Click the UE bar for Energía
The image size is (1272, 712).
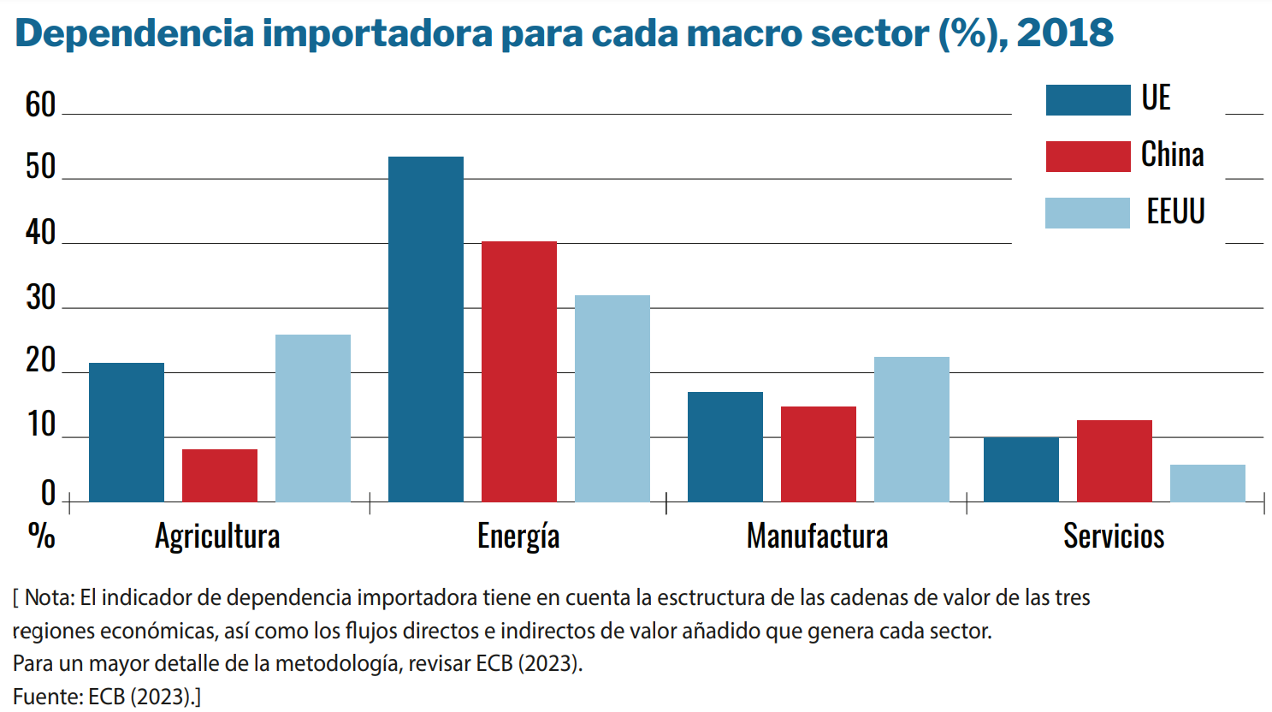425,329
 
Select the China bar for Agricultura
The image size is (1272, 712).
219,476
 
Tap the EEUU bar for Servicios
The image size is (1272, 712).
1207,484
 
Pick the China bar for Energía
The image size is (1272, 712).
518,371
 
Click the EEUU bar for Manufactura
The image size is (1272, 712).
911,430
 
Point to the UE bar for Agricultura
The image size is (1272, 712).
126,432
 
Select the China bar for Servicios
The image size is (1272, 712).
1114,461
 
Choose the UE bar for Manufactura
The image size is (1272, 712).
725,447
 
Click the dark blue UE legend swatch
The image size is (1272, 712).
1087,100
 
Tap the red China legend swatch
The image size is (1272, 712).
1087,157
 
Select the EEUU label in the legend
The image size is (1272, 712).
1175,211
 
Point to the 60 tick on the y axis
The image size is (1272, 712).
40,105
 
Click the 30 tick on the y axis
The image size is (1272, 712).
40,298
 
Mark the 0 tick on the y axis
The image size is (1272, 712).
48,494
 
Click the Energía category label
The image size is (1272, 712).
518,537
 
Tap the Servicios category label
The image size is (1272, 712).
1114,537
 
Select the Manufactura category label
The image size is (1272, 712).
817,537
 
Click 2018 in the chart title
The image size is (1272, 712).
1065,33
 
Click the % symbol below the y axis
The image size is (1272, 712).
41,536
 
